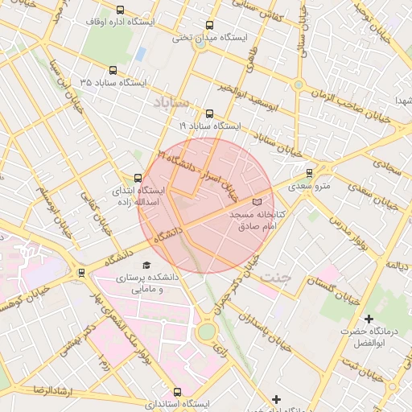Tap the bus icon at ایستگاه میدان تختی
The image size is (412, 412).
[210, 26]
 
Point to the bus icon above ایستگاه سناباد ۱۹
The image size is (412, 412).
[210, 113]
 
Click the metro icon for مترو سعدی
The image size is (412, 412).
[309, 173]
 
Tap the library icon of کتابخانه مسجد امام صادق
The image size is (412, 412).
[257, 202]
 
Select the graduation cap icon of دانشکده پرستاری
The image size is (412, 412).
[146, 266]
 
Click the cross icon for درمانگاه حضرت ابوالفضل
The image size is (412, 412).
[369, 319]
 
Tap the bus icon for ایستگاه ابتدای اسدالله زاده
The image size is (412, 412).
[137, 178]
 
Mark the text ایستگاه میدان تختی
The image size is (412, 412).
[211, 38]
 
